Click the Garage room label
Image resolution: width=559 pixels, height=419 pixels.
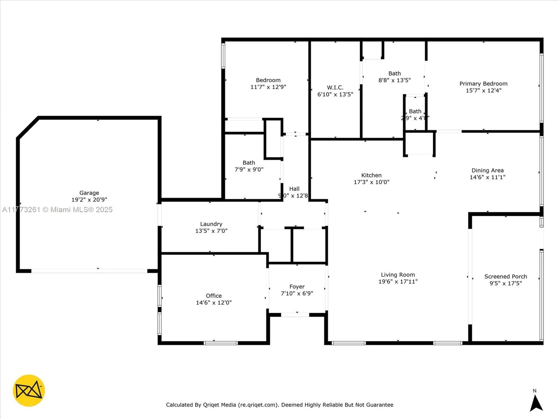pyautogui.click(x=89, y=193)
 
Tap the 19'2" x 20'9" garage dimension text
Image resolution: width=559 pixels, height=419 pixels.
pyautogui.click(x=89, y=200)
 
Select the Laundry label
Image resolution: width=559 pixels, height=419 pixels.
pyautogui.click(x=211, y=224)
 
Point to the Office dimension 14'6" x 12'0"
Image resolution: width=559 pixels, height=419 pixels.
pyautogui.click(x=214, y=303)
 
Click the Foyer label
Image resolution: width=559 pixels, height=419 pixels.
pyautogui.click(x=297, y=287)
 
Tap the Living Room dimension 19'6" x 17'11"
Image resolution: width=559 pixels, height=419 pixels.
pyautogui.click(x=398, y=282)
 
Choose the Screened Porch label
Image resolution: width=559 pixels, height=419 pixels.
pyautogui.click(x=506, y=277)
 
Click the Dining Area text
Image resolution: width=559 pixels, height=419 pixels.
pyautogui.click(x=487, y=170)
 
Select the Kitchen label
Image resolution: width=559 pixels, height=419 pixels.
pyautogui.click(x=371, y=175)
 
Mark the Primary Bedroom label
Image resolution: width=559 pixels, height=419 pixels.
pyautogui.click(x=483, y=84)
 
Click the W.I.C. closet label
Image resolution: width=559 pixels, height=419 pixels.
pyautogui.click(x=335, y=87)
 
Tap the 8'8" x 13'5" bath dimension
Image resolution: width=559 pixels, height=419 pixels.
pyautogui.click(x=394, y=80)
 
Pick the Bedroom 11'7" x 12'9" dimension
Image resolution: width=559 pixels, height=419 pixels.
pyautogui.click(x=268, y=87)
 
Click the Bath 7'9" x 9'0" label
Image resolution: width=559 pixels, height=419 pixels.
pyautogui.click(x=249, y=163)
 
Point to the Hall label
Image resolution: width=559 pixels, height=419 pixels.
pyautogui.click(x=294, y=189)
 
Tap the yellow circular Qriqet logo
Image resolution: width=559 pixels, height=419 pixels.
pyautogui.click(x=29, y=390)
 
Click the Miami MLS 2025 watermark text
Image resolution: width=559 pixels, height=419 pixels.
pyautogui.click(x=57, y=209)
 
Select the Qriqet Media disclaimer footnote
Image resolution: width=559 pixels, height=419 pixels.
pyautogui.click(x=279, y=405)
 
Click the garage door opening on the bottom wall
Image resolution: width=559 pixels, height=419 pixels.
pyautogui.click(x=89, y=271)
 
